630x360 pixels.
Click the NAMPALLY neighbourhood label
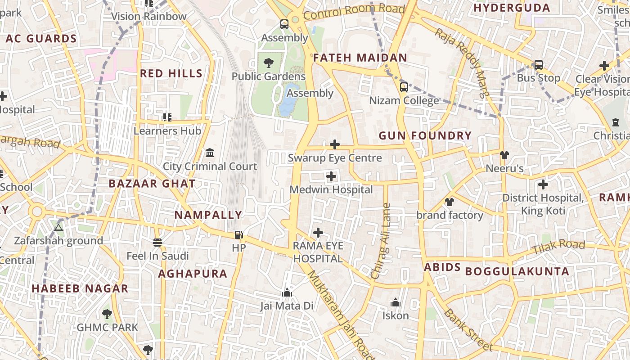(208, 215)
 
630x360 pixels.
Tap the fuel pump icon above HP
(238, 234)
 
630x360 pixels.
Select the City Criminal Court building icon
(210, 153)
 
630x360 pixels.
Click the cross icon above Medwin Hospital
(331, 176)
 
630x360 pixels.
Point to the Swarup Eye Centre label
(335, 158)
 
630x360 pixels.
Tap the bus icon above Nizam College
(404, 87)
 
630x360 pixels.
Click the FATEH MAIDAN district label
(360, 58)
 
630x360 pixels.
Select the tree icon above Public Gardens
(269, 63)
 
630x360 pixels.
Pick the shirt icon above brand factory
(450, 202)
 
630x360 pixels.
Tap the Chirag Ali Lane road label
(380, 241)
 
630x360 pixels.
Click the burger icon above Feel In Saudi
(157, 243)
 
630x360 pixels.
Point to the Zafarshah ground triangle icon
(58, 228)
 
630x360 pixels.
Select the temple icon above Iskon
(396, 302)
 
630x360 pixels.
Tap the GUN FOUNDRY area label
(425, 136)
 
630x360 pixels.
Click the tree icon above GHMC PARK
(107, 314)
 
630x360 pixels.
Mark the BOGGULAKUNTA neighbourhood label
(517, 271)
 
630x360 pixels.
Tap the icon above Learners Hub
(167, 117)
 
